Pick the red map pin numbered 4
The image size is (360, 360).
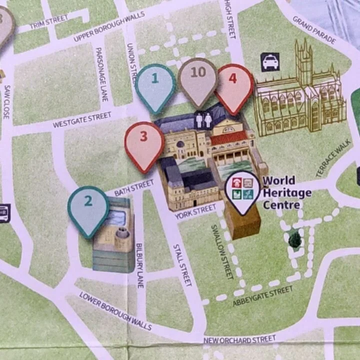click(x=233, y=84)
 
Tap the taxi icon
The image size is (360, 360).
click(x=270, y=62)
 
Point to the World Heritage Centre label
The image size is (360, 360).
click(x=286, y=192)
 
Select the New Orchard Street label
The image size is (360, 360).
click(x=239, y=340)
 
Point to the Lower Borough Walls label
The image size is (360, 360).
click(x=115, y=311)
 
